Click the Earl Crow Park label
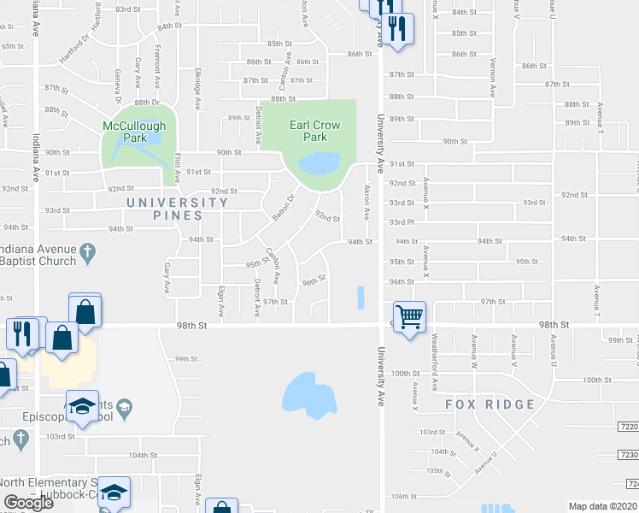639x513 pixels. [314, 131]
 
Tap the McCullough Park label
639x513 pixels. [133, 131]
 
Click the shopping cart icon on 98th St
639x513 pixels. [410, 317]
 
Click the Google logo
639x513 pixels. [29, 503]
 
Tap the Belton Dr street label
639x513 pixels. [283, 207]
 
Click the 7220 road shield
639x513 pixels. [627, 425]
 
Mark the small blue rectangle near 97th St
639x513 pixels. [360, 298]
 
